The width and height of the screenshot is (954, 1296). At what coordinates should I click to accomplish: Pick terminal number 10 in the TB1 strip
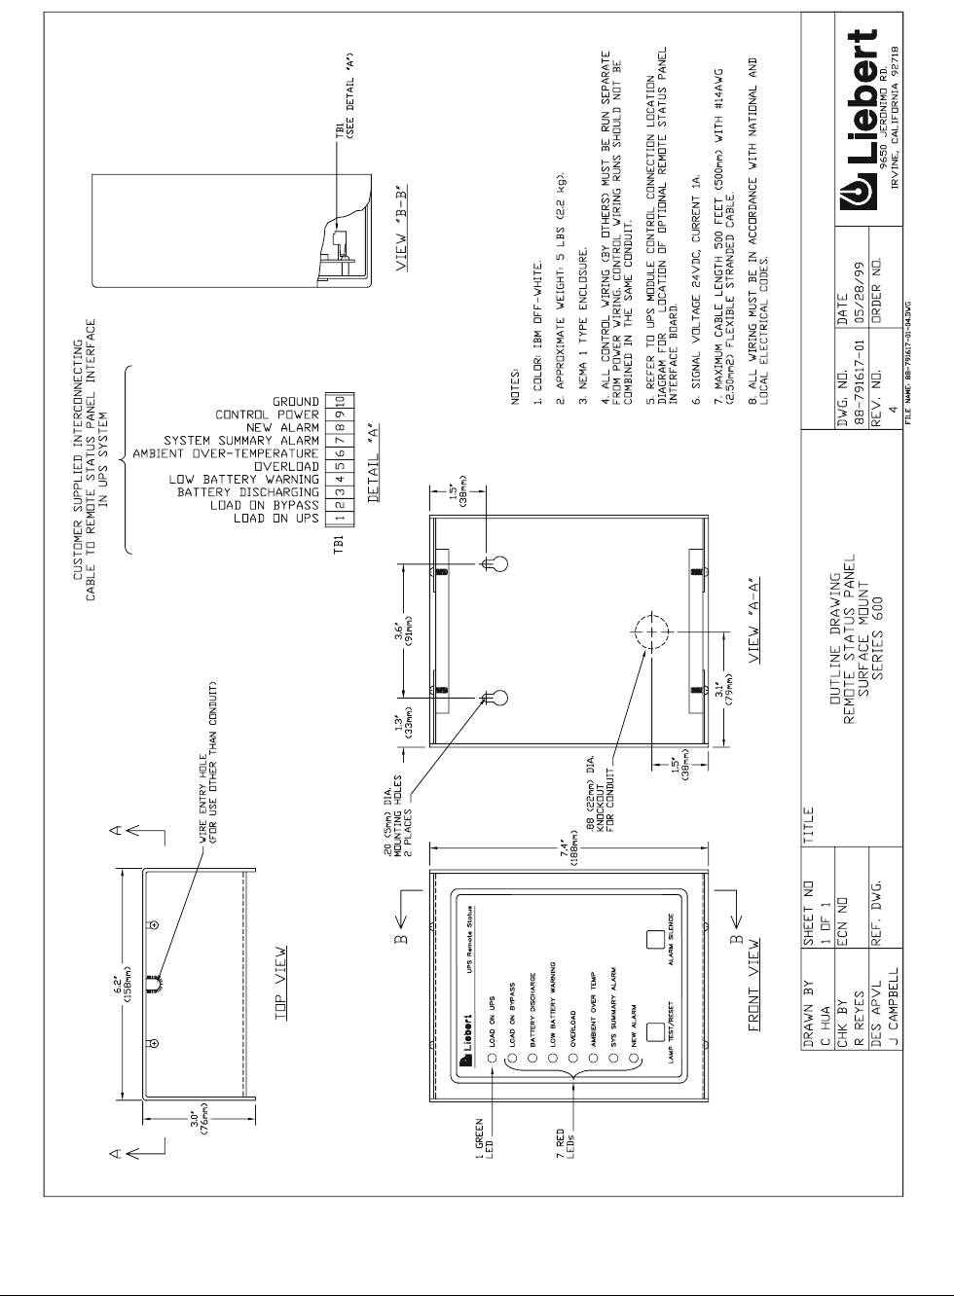click(x=342, y=401)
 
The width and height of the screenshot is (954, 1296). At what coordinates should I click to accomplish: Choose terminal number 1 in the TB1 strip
click(x=342, y=519)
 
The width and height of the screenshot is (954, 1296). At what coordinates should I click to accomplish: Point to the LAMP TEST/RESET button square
click(x=653, y=1030)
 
